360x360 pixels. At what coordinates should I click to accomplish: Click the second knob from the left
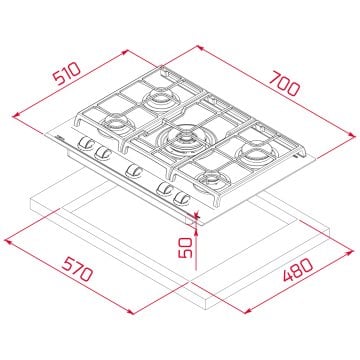tap(100, 158)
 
